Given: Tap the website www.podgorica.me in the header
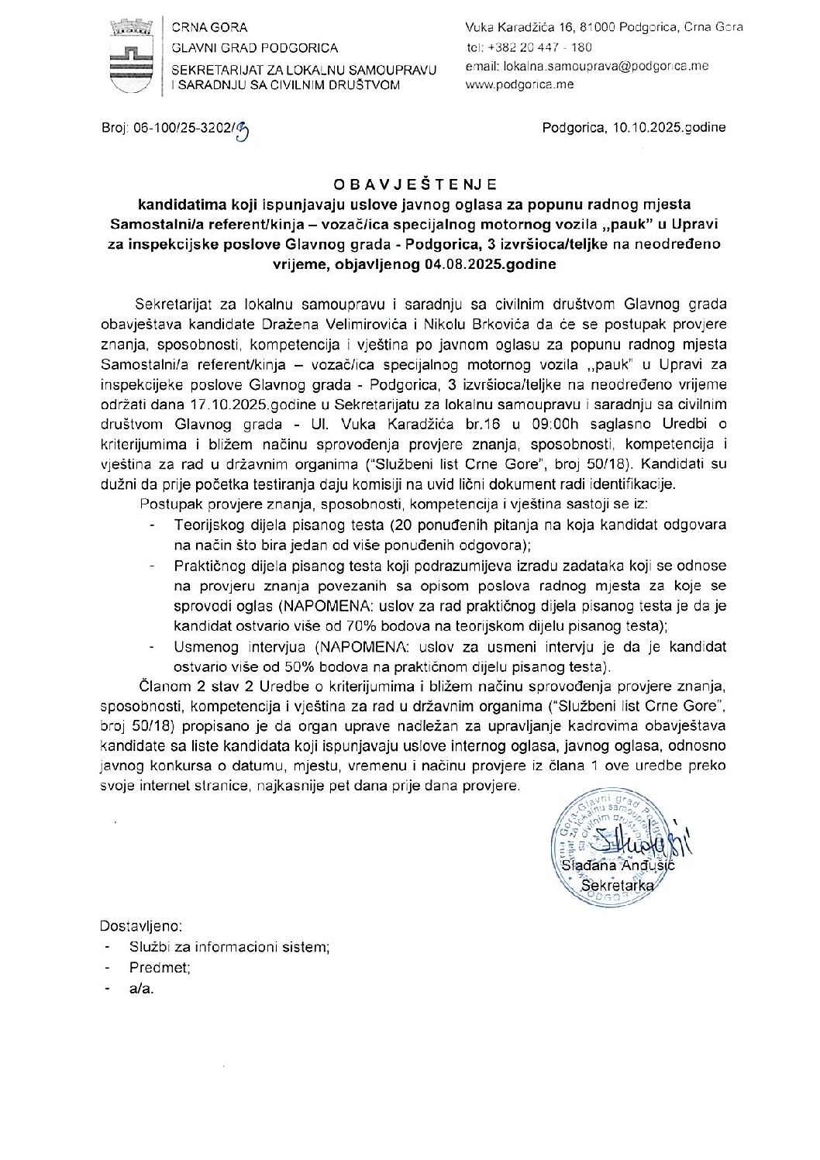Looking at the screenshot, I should pos(519,84).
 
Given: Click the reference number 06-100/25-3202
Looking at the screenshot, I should pos(184,128).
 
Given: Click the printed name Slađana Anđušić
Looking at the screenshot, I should pos(618,866).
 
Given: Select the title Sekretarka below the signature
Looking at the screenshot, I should pos(618,885).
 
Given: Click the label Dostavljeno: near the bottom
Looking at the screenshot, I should pos(141,925).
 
